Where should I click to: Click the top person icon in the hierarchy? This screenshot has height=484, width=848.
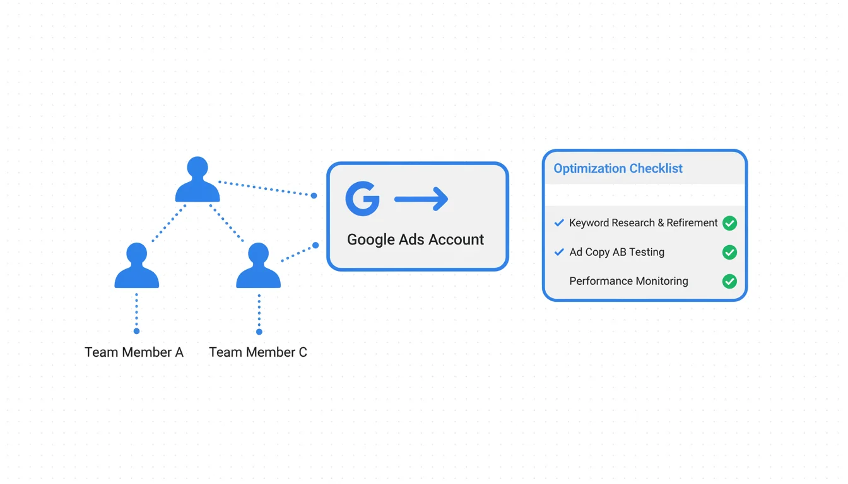[x=197, y=180]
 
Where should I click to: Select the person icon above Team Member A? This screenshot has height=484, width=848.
[x=136, y=267]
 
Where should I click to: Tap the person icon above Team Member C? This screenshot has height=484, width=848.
[x=258, y=267]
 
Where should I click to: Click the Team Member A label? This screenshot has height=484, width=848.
[x=134, y=352]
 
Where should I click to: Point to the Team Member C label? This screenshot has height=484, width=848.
[x=258, y=352]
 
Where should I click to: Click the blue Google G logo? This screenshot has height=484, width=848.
[x=363, y=199]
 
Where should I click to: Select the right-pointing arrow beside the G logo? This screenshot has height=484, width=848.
[x=421, y=199]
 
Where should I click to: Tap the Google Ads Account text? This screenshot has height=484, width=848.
[x=415, y=239]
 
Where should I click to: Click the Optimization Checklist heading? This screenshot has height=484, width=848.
[x=618, y=168]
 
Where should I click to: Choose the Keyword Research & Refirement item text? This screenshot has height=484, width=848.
[x=643, y=223]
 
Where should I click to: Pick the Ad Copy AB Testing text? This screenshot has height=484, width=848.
[x=616, y=252]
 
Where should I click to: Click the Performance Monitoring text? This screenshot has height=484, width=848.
[x=628, y=281]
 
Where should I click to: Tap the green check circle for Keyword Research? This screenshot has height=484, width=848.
[x=729, y=223]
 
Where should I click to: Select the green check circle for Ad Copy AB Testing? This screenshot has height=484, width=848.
[x=729, y=252]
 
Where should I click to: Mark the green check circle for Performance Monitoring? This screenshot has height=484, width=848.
[x=729, y=281]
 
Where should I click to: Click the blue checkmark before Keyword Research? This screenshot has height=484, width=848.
[x=559, y=223]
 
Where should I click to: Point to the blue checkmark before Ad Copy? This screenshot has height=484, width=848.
[x=559, y=252]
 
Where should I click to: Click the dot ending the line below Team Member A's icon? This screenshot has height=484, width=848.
[x=136, y=331]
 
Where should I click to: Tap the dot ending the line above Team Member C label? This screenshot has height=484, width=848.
[x=259, y=331]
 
